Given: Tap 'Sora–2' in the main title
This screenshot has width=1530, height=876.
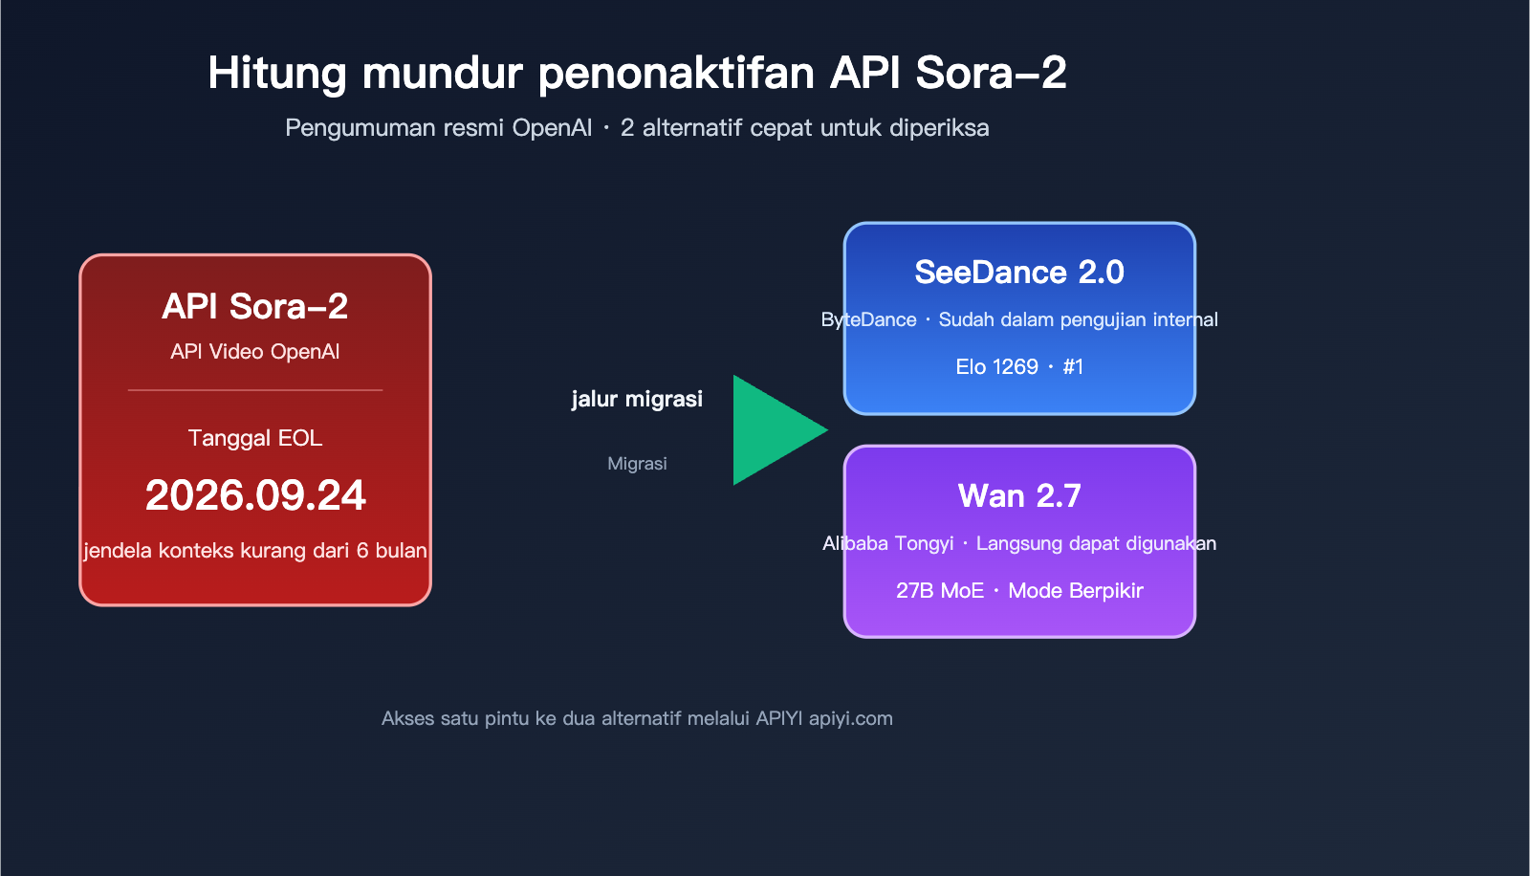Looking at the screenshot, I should tap(991, 74).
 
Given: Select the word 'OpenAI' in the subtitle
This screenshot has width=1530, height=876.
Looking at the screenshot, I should tap(552, 128).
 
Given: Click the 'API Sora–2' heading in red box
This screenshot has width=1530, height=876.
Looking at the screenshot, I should tap(255, 307).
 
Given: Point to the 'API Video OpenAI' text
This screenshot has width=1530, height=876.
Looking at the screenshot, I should tap(255, 352).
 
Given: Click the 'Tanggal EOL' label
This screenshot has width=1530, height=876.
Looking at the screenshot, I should tap(255, 438).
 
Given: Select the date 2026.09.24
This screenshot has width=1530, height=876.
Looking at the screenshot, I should tap(255, 495).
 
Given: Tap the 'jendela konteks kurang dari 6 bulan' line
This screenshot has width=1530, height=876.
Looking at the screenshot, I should tap(255, 551).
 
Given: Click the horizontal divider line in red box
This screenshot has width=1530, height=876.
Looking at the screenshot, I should tap(255, 390).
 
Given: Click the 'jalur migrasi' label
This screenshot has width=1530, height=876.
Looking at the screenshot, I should tap(637, 399).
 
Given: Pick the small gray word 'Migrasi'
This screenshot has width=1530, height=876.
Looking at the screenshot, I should tap(637, 464).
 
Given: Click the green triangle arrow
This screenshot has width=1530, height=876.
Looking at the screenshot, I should tap(770, 430).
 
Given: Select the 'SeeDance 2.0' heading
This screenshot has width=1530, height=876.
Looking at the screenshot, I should tap(1019, 273).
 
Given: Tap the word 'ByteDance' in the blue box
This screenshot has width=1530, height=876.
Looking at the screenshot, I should tap(868, 320).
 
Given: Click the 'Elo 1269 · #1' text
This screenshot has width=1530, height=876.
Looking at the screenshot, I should tap(1019, 367).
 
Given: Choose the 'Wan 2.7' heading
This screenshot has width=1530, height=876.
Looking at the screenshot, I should tap(1019, 496).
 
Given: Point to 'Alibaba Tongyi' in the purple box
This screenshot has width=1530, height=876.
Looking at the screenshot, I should tap(887, 544).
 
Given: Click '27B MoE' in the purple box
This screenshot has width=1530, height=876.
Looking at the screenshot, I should tap(939, 591).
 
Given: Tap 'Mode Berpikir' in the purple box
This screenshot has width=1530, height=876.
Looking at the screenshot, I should tap(1076, 591).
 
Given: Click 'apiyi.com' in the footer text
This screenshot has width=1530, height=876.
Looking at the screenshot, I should tap(850, 719).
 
